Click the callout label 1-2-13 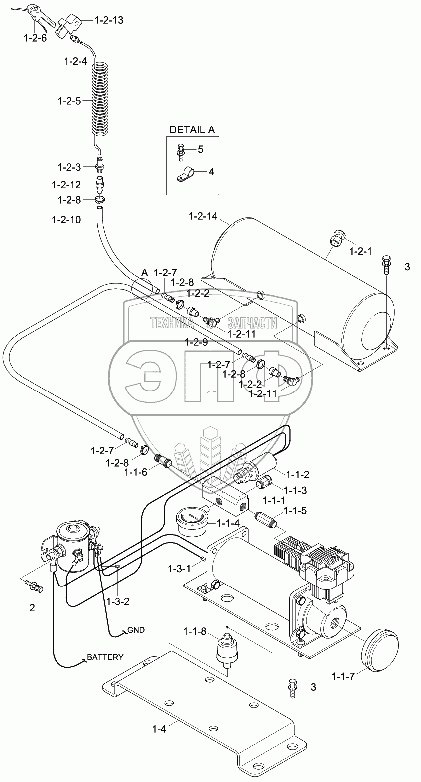pos(109,20)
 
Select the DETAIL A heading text pos(192,130)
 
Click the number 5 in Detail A pos(200,149)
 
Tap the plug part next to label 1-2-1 pos(338,238)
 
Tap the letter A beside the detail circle pos(144,273)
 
